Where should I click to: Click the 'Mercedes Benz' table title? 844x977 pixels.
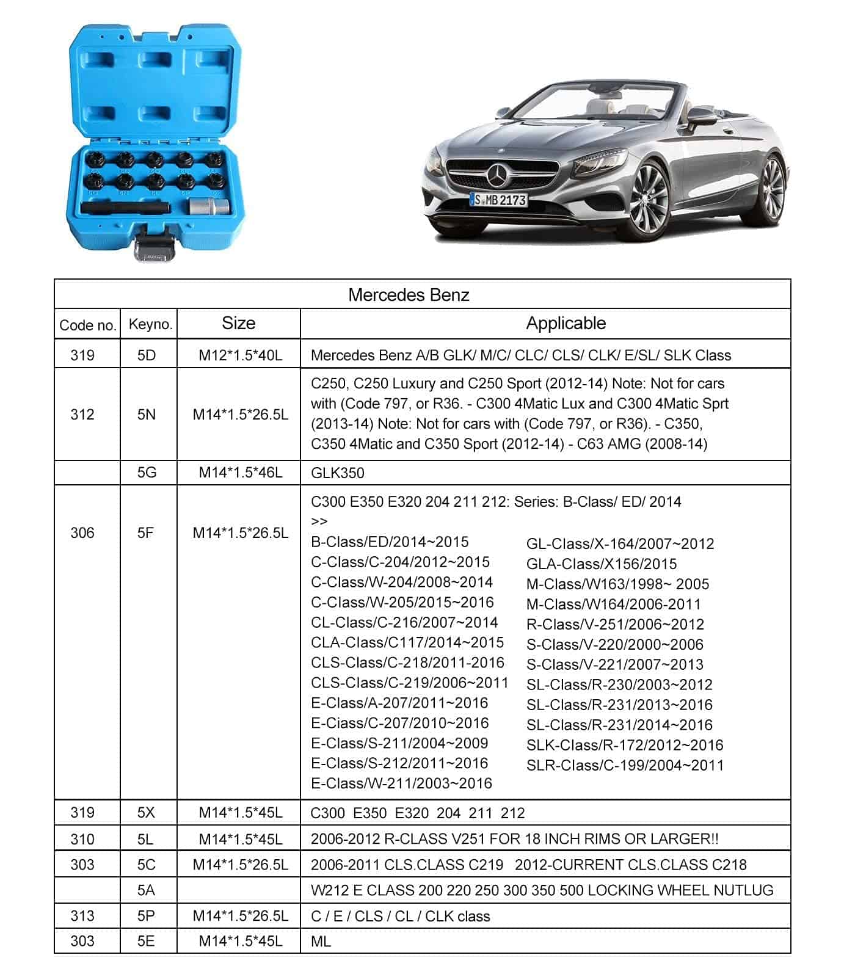click(409, 295)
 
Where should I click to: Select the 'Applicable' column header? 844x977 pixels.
click(566, 324)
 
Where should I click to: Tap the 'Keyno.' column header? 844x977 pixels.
click(150, 324)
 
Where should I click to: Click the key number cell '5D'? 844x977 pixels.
click(147, 355)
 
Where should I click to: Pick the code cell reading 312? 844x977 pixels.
click(82, 415)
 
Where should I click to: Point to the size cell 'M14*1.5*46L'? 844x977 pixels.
click(240, 473)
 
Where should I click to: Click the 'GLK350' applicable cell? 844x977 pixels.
click(337, 473)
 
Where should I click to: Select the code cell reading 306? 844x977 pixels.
click(82, 533)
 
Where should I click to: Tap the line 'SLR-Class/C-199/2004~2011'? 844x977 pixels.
click(624, 765)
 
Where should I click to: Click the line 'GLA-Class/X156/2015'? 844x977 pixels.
click(601, 564)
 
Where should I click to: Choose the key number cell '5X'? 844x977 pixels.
click(147, 813)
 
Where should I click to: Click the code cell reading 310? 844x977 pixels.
click(82, 839)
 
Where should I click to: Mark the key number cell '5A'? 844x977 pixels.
click(147, 890)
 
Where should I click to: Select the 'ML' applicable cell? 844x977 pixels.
click(321, 941)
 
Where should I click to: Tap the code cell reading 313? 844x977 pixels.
click(82, 916)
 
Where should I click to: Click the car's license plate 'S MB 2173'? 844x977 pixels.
click(498, 200)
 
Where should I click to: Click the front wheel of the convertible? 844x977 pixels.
click(647, 201)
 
